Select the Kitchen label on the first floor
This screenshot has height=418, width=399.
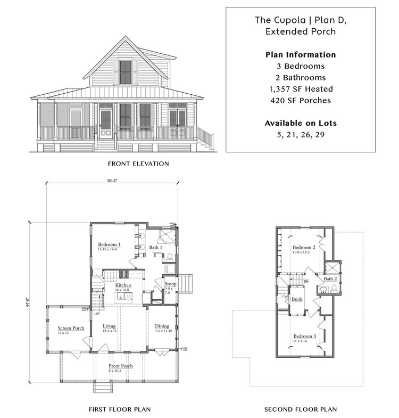(123, 285)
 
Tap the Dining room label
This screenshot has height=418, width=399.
(162, 326)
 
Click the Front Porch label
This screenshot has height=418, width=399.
(121, 366)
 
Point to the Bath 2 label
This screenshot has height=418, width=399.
(330, 278)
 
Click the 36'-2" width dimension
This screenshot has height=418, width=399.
(111, 181)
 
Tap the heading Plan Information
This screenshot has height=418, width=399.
(301, 55)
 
